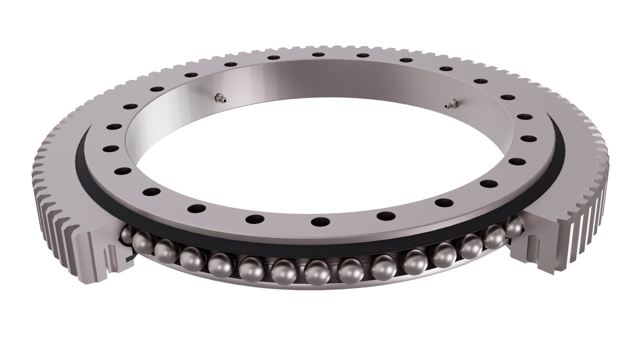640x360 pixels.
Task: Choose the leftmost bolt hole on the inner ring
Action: [108, 148]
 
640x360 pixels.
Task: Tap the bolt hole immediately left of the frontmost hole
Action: [255, 218]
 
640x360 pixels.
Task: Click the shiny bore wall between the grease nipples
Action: [330, 82]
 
